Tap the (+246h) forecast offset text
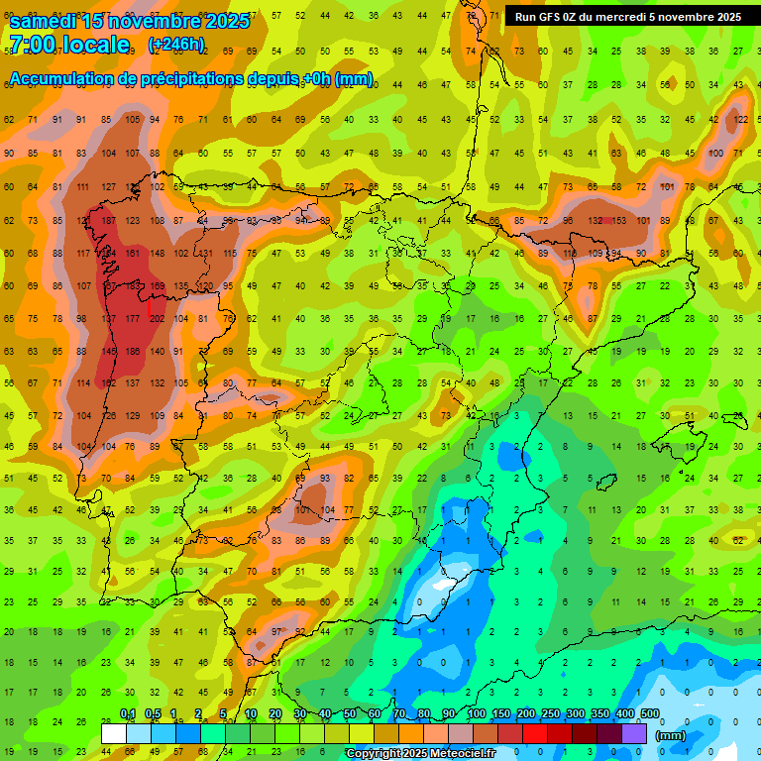[175, 45]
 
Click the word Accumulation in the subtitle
[65, 79]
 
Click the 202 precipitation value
[157, 318]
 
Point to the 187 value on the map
[109, 220]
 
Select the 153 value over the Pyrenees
[619, 220]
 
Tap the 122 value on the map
[739, 120]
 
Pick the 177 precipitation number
[133, 318]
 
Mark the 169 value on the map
[157, 285]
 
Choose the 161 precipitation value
[133, 253]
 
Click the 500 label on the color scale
[649, 714]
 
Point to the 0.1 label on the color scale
[128, 714]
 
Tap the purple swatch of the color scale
[635, 733]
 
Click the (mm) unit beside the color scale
[671, 735]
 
